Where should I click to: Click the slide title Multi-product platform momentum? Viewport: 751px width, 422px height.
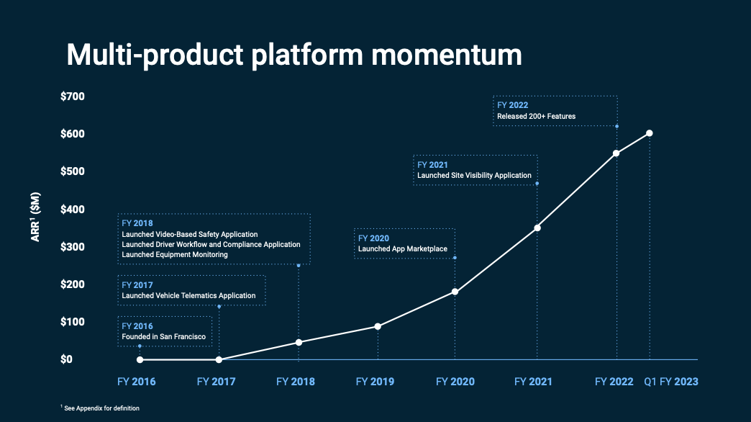coord(293,55)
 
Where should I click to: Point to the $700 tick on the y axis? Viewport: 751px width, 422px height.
coord(72,96)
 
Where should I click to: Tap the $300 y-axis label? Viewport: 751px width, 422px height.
coord(72,247)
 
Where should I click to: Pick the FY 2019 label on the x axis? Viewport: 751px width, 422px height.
coord(375,382)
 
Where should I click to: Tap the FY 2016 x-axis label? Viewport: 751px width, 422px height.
coord(136,382)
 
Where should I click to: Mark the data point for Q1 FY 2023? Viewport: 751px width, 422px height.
coord(650,133)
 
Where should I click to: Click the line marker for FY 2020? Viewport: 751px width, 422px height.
coord(455,292)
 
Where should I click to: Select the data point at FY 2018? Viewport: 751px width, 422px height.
coord(299,342)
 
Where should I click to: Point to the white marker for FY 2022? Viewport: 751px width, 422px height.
coord(616,153)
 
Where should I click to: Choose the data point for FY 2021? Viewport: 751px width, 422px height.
coord(537,228)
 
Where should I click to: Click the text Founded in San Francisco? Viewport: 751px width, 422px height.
coord(164,336)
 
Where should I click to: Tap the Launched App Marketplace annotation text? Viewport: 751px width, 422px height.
coord(402,249)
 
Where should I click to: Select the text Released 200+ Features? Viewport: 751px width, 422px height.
coord(536,116)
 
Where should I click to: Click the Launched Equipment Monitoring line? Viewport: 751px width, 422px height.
coord(175,254)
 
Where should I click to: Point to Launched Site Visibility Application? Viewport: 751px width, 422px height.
coord(474,175)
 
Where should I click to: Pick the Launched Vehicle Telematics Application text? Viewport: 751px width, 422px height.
coord(188,295)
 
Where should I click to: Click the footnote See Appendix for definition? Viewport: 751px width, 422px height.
coord(101,408)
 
